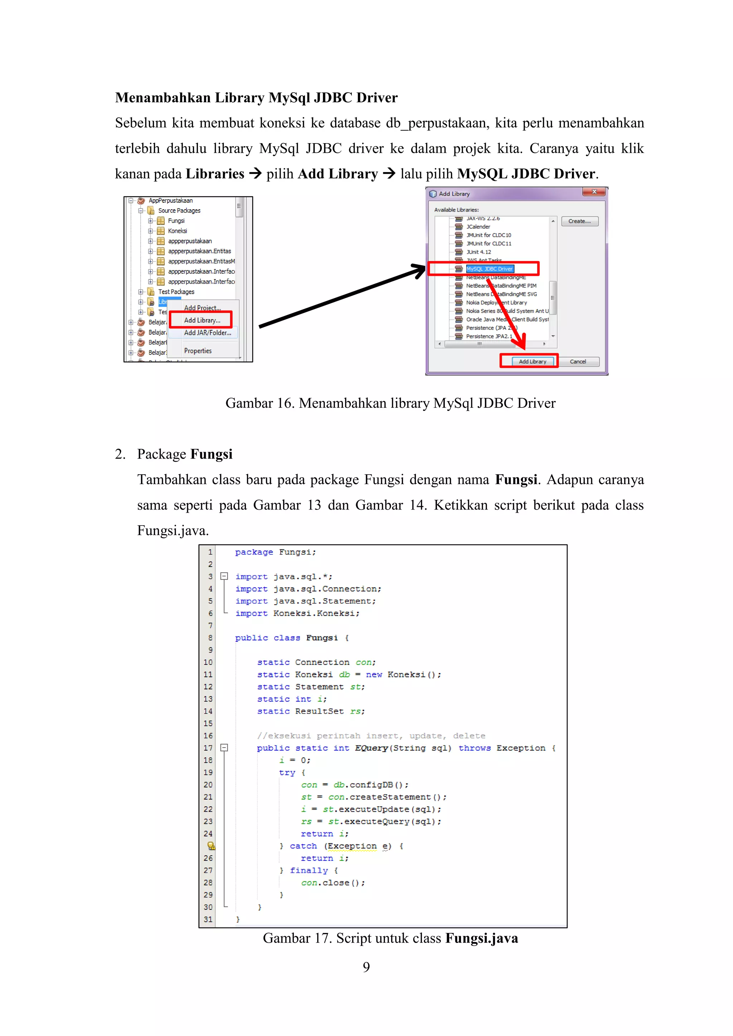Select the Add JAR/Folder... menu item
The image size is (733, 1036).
tap(207, 333)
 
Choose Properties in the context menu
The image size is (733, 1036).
tap(198, 351)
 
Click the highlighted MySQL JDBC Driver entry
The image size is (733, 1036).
tap(489, 269)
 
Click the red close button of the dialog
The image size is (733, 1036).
tap(594, 192)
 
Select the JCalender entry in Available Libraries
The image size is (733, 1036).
tap(478, 227)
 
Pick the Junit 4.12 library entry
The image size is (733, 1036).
tap(479, 252)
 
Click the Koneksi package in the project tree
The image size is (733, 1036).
tap(178, 231)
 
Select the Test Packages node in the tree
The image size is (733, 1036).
tap(176, 292)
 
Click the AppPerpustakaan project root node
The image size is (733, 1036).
tap(171, 201)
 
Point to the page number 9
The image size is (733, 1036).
tap(366, 967)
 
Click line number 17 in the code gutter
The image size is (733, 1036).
tap(208, 748)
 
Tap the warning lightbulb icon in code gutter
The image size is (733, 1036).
tap(211, 846)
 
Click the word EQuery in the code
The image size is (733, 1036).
tap(371, 748)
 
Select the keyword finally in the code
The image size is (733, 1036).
tap(309, 870)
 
